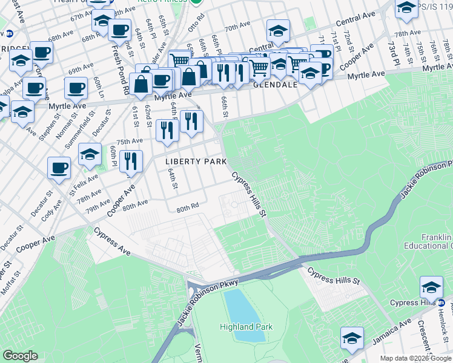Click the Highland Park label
(x=246, y=327)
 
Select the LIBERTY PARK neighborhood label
(x=196, y=162)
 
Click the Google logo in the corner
(x=21, y=356)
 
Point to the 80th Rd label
(x=188, y=208)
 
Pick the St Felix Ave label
(x=83, y=181)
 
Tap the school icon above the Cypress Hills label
(x=432, y=287)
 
